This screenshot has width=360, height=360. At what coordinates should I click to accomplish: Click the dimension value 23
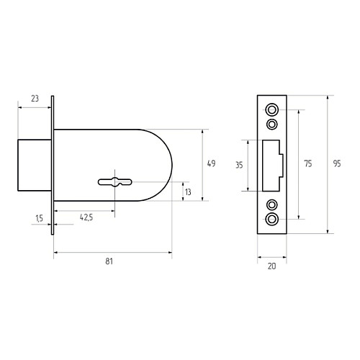35,99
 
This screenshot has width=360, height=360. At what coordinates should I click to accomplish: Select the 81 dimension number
109,261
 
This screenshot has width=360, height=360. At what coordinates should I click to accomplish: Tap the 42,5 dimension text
86,217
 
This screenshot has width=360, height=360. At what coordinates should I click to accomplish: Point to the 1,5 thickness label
39,218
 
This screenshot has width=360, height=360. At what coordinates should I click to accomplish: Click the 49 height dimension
211,163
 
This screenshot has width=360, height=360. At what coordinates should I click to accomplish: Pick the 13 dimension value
188,192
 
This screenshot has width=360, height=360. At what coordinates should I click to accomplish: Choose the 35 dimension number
239,165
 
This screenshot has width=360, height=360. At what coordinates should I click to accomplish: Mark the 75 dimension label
308,163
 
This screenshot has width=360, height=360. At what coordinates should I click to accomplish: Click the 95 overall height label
337,163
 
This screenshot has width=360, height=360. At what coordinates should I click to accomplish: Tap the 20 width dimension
271,266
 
